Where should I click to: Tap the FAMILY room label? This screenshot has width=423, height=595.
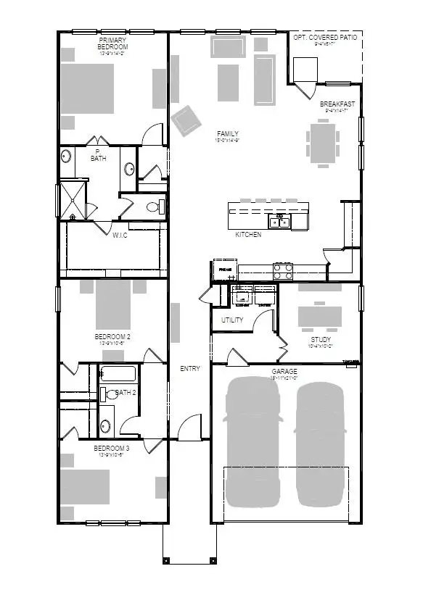227,134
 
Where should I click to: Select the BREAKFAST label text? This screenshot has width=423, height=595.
337,104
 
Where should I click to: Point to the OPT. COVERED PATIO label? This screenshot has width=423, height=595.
324,37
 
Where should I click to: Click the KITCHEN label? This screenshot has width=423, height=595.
248,235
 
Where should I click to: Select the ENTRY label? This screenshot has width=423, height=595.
189,369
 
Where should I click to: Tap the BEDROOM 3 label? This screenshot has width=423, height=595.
112,449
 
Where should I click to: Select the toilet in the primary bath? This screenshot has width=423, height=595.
153,207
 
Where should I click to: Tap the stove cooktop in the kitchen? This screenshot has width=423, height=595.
282,271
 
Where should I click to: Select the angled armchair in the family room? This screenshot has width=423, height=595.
186,119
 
